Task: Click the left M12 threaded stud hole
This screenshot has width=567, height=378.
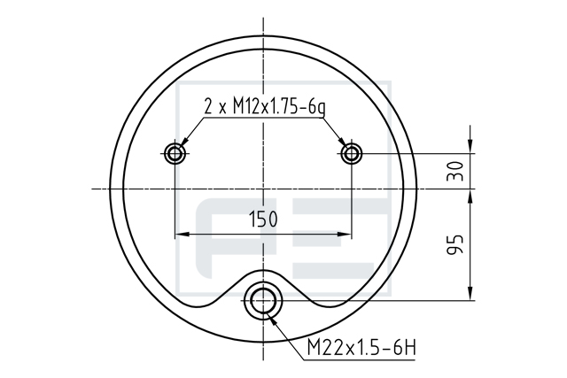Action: [175, 153]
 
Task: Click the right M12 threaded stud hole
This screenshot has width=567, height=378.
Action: [351, 153]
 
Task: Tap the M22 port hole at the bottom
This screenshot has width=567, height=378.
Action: [263, 300]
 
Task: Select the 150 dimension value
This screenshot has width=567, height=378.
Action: [263, 219]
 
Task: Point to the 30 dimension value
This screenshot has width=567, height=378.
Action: [454, 171]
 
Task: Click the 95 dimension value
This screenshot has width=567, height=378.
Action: [454, 244]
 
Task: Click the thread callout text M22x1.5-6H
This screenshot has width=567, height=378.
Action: [361, 348]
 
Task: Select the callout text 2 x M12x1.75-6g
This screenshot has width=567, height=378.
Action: [265, 107]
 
